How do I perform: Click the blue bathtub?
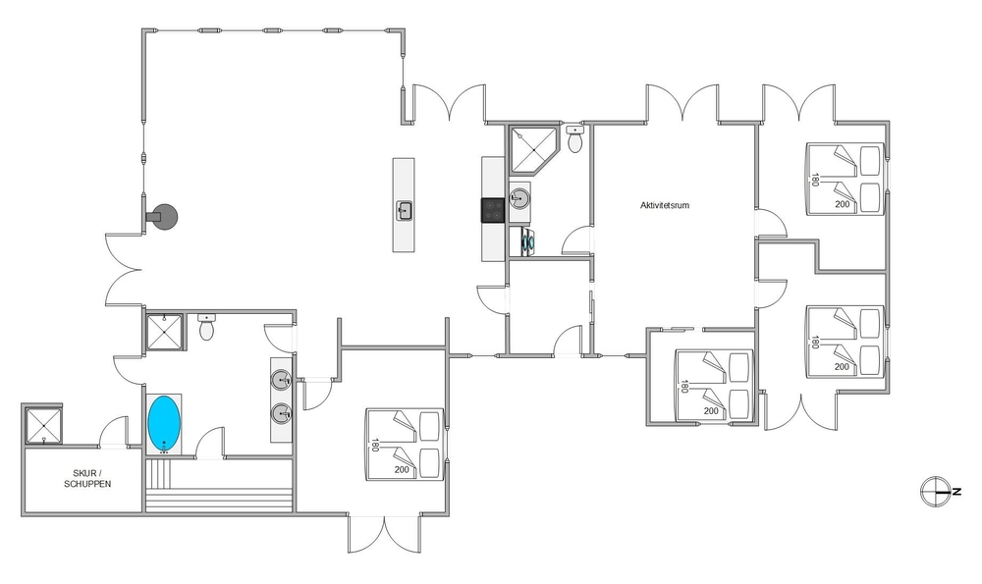coord(164,424)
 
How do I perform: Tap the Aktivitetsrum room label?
coord(665,205)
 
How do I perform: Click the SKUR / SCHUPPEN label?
coord(87,479)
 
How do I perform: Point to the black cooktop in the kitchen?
coord(493,210)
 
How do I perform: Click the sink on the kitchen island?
coord(404,210)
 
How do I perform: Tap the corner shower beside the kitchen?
coord(531,149)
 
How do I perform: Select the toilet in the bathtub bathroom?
coord(206,327)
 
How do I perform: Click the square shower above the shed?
coord(43,424)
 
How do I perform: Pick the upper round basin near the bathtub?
coord(281,379)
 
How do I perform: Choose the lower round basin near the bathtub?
coord(281,413)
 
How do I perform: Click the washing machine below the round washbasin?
coord(527,241)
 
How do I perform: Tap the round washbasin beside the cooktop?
coord(519,199)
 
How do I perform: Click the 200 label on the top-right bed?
coord(843,204)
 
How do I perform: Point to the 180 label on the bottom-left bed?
coord(375,445)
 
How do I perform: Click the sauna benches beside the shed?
coord(219,486)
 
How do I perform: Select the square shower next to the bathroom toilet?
coord(165,333)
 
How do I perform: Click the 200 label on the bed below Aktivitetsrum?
coord(711,411)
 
